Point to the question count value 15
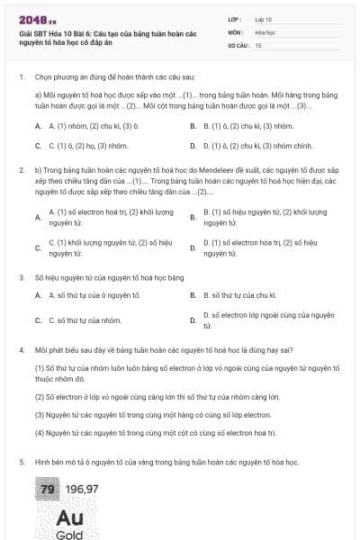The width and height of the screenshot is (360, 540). [x=258, y=44]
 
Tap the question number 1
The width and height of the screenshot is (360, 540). [x=21, y=77]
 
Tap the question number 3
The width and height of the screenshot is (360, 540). [x=21, y=277]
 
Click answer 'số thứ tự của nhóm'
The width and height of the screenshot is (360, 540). [x=85, y=319]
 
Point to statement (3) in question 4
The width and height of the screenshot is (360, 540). [x=153, y=415]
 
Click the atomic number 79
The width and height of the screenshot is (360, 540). [x=47, y=489]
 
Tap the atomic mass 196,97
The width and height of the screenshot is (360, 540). [x=83, y=489]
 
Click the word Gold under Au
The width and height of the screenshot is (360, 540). [x=69, y=535]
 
